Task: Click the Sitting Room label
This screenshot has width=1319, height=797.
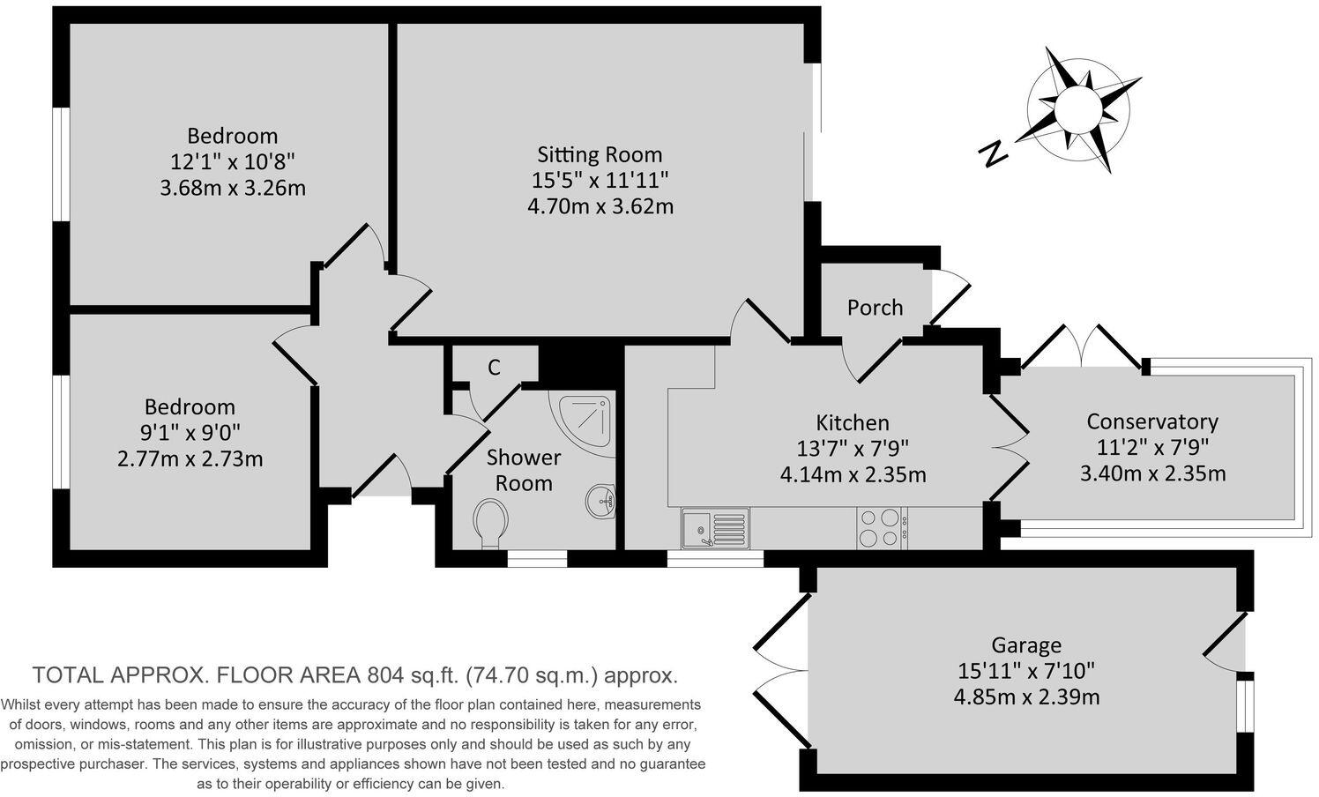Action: click(600, 154)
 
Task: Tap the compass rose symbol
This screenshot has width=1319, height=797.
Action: click(1077, 110)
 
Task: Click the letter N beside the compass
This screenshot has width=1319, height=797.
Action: click(994, 154)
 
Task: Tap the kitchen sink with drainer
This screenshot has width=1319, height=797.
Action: click(715, 528)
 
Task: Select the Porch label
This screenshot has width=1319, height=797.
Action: click(875, 308)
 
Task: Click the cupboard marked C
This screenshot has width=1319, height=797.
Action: click(494, 367)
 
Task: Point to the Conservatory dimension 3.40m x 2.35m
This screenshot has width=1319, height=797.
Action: click(1152, 473)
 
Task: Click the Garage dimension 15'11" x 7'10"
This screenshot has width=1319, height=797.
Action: click(1026, 671)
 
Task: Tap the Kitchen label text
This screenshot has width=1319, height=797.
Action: click(852, 422)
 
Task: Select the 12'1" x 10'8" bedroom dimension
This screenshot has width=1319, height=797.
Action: click(232, 162)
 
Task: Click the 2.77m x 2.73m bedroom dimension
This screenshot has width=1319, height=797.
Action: click(190, 459)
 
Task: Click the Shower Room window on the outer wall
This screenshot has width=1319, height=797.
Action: click(537, 558)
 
